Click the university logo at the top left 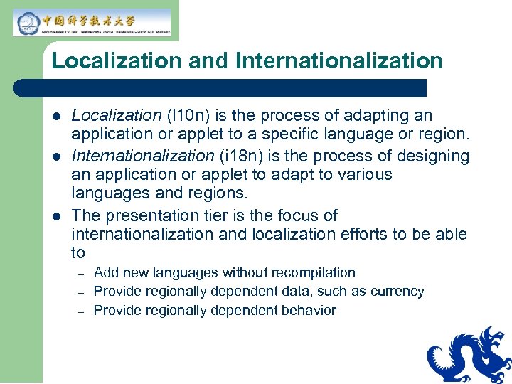coord(92,22)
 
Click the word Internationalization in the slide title coord(338,60)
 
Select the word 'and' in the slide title coord(209,60)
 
